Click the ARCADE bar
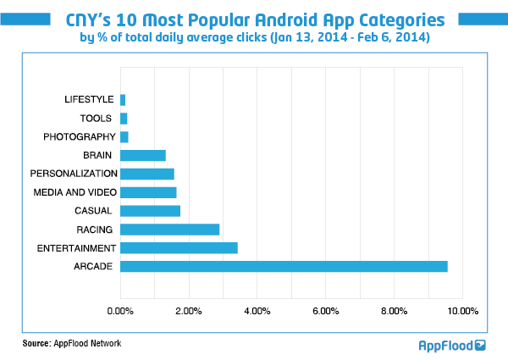tap(284, 266)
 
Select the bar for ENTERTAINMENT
tap(179, 247)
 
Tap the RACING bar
tap(169, 229)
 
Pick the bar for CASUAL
tap(150, 211)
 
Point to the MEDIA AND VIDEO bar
tap(148, 192)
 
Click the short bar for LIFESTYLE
tap(123, 100)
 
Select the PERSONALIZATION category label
tap(72, 174)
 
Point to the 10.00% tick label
tap(462, 312)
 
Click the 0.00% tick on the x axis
tap(121, 312)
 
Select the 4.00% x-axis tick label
tap(257, 312)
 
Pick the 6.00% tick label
tap(326, 312)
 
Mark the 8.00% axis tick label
tap(394, 312)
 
